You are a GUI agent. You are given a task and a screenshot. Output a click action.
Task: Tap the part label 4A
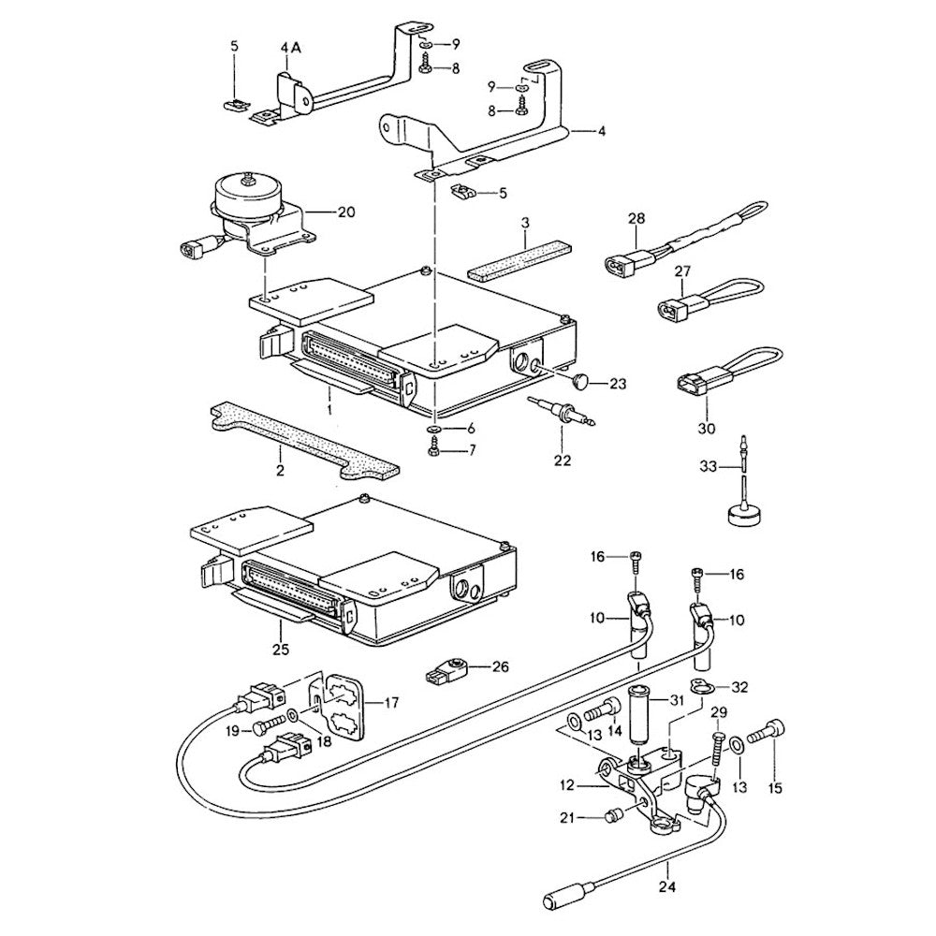[x=289, y=46]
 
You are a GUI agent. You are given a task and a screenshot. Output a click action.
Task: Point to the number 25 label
[x=281, y=648]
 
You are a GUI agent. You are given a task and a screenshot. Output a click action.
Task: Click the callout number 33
[x=709, y=465]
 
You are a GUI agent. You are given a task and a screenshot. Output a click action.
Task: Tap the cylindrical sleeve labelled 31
[x=641, y=724]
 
